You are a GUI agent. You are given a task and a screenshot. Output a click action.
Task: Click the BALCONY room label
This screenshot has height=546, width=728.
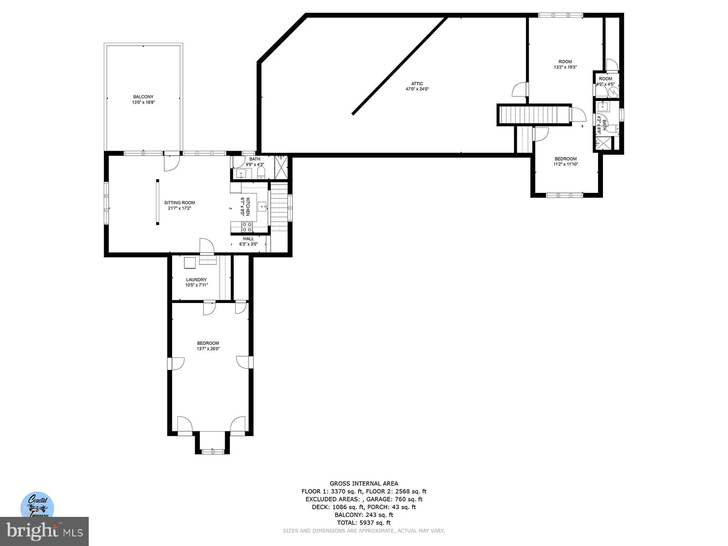coord(143,97)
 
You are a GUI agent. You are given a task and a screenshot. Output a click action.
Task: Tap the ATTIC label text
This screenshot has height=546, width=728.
coord(417,84)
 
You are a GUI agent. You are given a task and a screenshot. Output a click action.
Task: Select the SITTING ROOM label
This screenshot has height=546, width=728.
coord(179,203)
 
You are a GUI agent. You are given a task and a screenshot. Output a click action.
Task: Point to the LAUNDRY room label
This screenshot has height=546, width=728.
coord(196,280)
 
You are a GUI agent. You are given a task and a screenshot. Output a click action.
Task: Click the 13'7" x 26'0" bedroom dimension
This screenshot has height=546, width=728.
coord(208,349)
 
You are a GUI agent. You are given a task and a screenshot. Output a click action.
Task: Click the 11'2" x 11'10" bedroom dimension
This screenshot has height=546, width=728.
coord(565,164)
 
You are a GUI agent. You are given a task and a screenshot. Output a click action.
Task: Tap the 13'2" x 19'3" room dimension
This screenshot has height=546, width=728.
coord(565,67)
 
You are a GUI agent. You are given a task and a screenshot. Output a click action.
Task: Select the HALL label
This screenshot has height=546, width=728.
coord(248,239)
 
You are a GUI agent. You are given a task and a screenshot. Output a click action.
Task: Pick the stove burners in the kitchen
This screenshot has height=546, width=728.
coord(247,227)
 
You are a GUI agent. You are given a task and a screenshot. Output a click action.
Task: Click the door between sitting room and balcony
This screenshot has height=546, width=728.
coord(172,162)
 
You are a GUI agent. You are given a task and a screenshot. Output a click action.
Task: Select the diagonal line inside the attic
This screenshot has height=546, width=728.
coord(399,66)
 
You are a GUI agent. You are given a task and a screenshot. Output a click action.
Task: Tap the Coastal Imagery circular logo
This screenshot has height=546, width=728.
coord(37,505)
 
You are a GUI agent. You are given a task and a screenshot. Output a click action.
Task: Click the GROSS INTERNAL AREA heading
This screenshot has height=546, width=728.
coord(364,484)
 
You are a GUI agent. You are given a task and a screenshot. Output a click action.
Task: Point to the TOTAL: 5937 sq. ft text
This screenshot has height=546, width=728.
coord(364,523)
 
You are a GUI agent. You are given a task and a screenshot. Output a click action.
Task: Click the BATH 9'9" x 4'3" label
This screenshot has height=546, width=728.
coord(254,162)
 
